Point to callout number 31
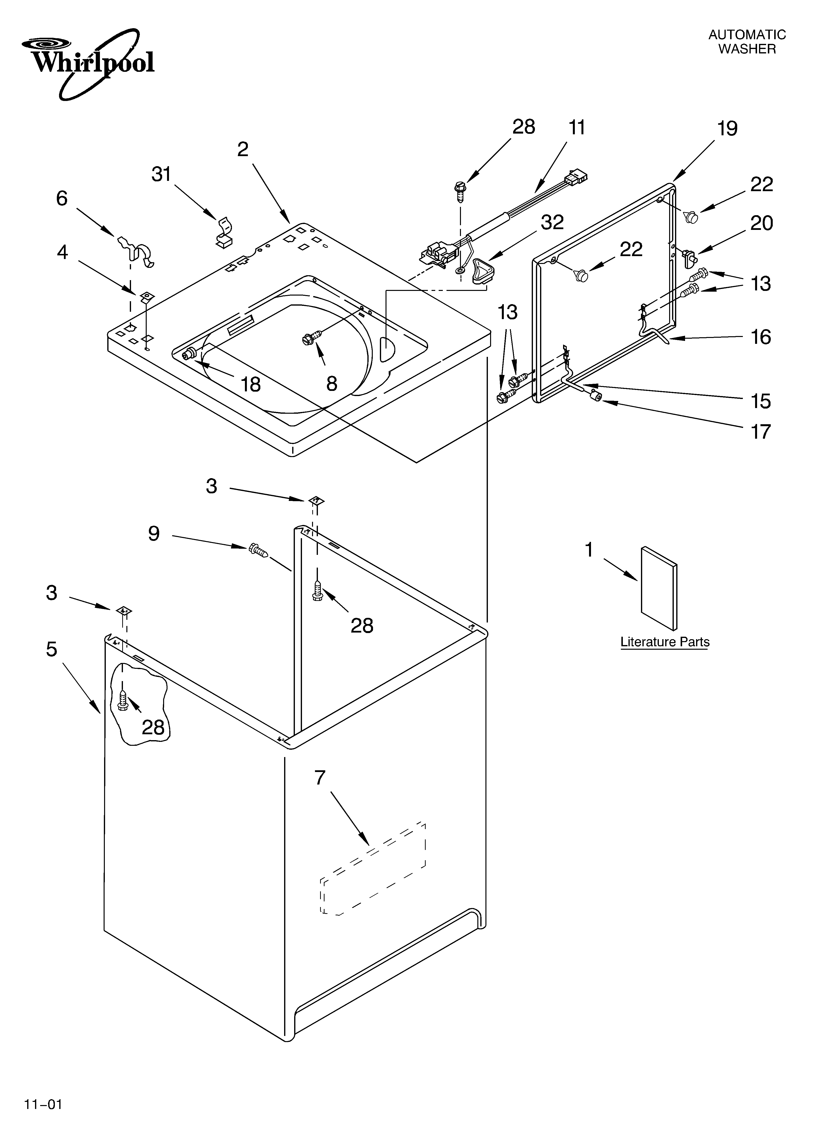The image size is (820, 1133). (x=161, y=174)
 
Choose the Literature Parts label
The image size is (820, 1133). (x=665, y=642)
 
